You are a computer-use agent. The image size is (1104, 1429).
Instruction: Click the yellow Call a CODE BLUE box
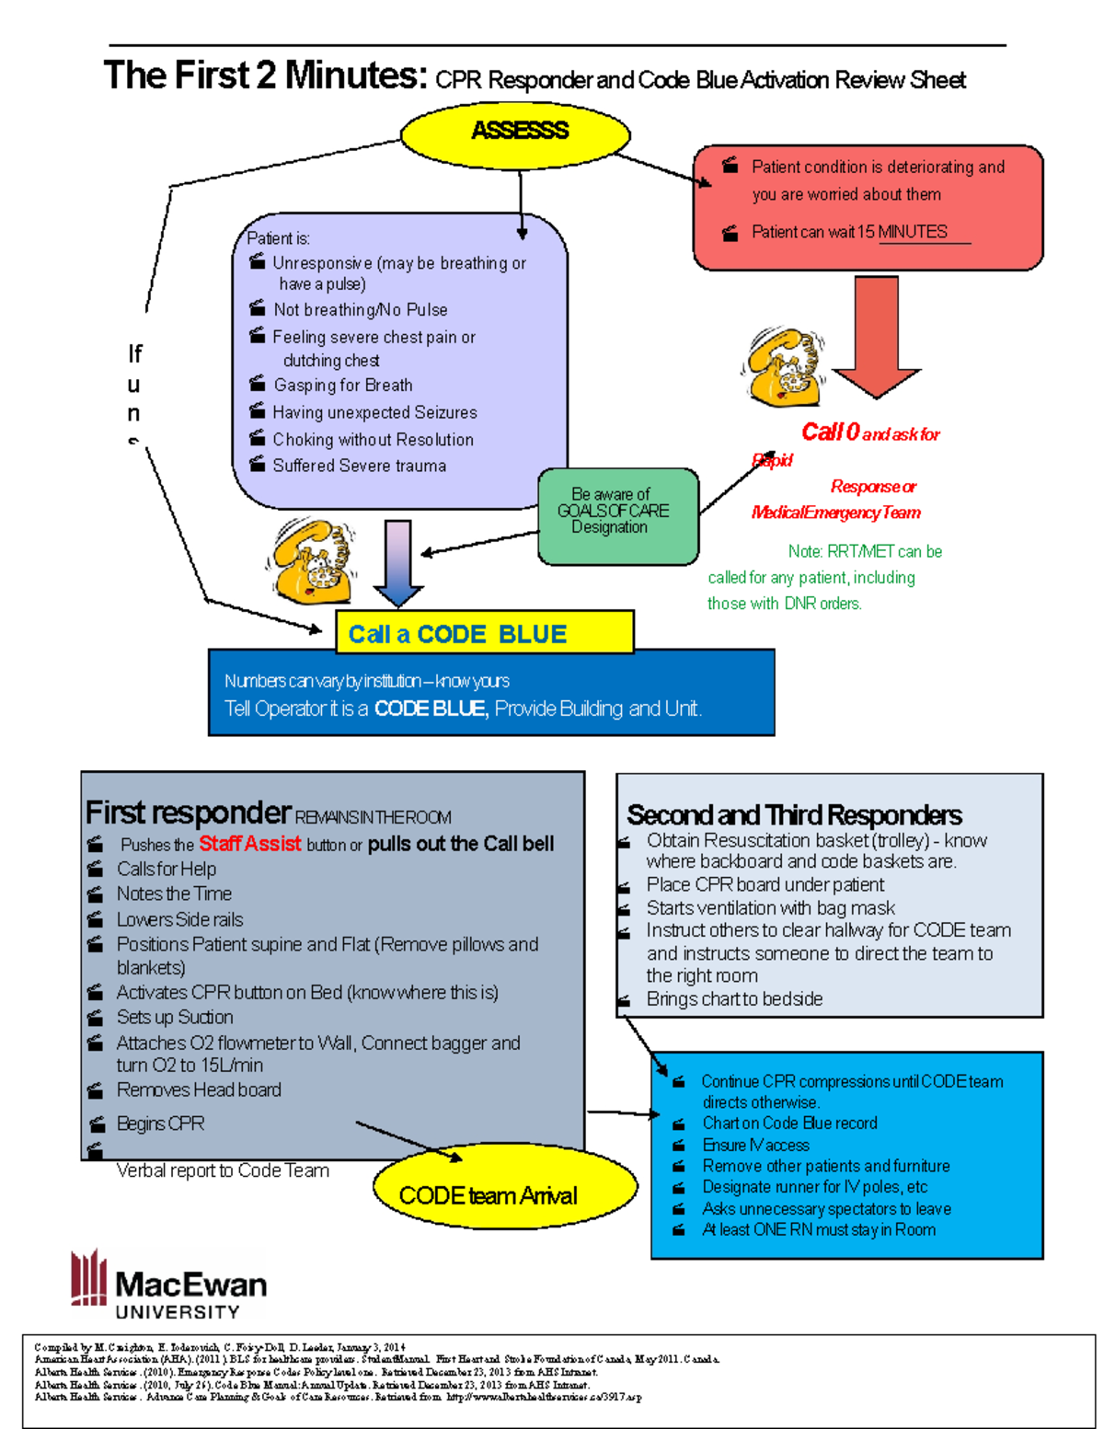click(x=484, y=633)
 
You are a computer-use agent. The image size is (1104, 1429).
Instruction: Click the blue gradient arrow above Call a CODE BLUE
click(x=398, y=562)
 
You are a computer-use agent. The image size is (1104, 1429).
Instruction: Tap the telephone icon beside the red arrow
click(x=781, y=366)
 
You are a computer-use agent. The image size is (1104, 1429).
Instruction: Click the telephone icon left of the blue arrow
click(x=311, y=560)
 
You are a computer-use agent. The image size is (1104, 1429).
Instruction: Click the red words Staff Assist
click(x=249, y=844)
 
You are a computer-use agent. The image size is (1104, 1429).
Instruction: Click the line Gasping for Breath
click(x=342, y=386)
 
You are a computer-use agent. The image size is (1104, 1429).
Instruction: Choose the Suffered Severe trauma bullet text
click(x=359, y=466)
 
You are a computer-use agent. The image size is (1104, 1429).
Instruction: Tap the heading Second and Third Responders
click(x=793, y=814)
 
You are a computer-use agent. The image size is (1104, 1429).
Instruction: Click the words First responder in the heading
click(x=188, y=812)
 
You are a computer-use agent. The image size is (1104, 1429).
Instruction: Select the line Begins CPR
click(x=160, y=1124)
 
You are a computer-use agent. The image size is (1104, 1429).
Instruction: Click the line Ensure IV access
click(x=755, y=1145)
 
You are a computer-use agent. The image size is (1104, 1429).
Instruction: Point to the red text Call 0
click(x=830, y=432)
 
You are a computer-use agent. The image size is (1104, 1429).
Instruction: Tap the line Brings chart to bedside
click(x=734, y=999)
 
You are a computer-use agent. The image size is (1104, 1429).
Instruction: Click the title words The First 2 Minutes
click(x=265, y=75)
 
